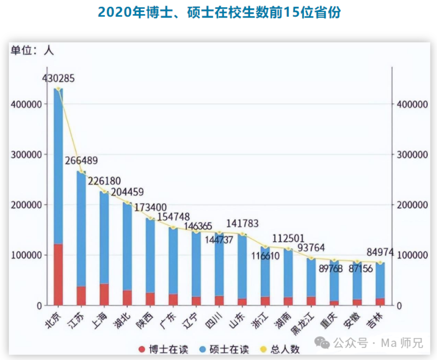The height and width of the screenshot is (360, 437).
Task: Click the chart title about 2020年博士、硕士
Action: click(218, 13)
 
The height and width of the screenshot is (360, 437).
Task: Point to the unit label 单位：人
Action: click(32, 50)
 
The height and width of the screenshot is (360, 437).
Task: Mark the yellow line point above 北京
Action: click(58, 89)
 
